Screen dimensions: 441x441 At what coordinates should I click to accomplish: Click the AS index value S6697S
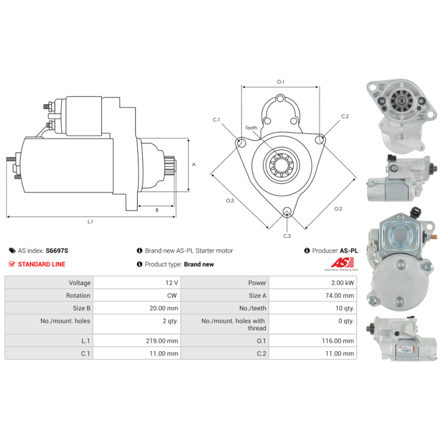57,250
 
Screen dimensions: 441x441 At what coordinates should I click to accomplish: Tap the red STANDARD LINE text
41,264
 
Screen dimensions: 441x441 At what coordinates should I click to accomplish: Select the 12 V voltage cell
172,283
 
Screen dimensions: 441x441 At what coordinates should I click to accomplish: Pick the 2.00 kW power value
344,283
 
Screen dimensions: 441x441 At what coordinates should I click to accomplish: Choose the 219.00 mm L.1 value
165,341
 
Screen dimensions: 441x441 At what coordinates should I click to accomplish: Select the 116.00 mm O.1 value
340,341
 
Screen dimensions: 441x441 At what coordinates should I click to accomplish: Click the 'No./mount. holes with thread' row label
233,324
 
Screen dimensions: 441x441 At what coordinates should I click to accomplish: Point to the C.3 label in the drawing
287,236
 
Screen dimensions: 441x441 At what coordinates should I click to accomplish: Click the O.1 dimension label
280,82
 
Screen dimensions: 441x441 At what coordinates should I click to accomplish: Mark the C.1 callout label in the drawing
217,120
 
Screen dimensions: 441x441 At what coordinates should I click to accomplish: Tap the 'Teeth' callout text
251,128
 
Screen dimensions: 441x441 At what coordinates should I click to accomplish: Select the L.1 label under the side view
90,222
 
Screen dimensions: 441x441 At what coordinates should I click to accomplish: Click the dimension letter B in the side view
157,210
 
